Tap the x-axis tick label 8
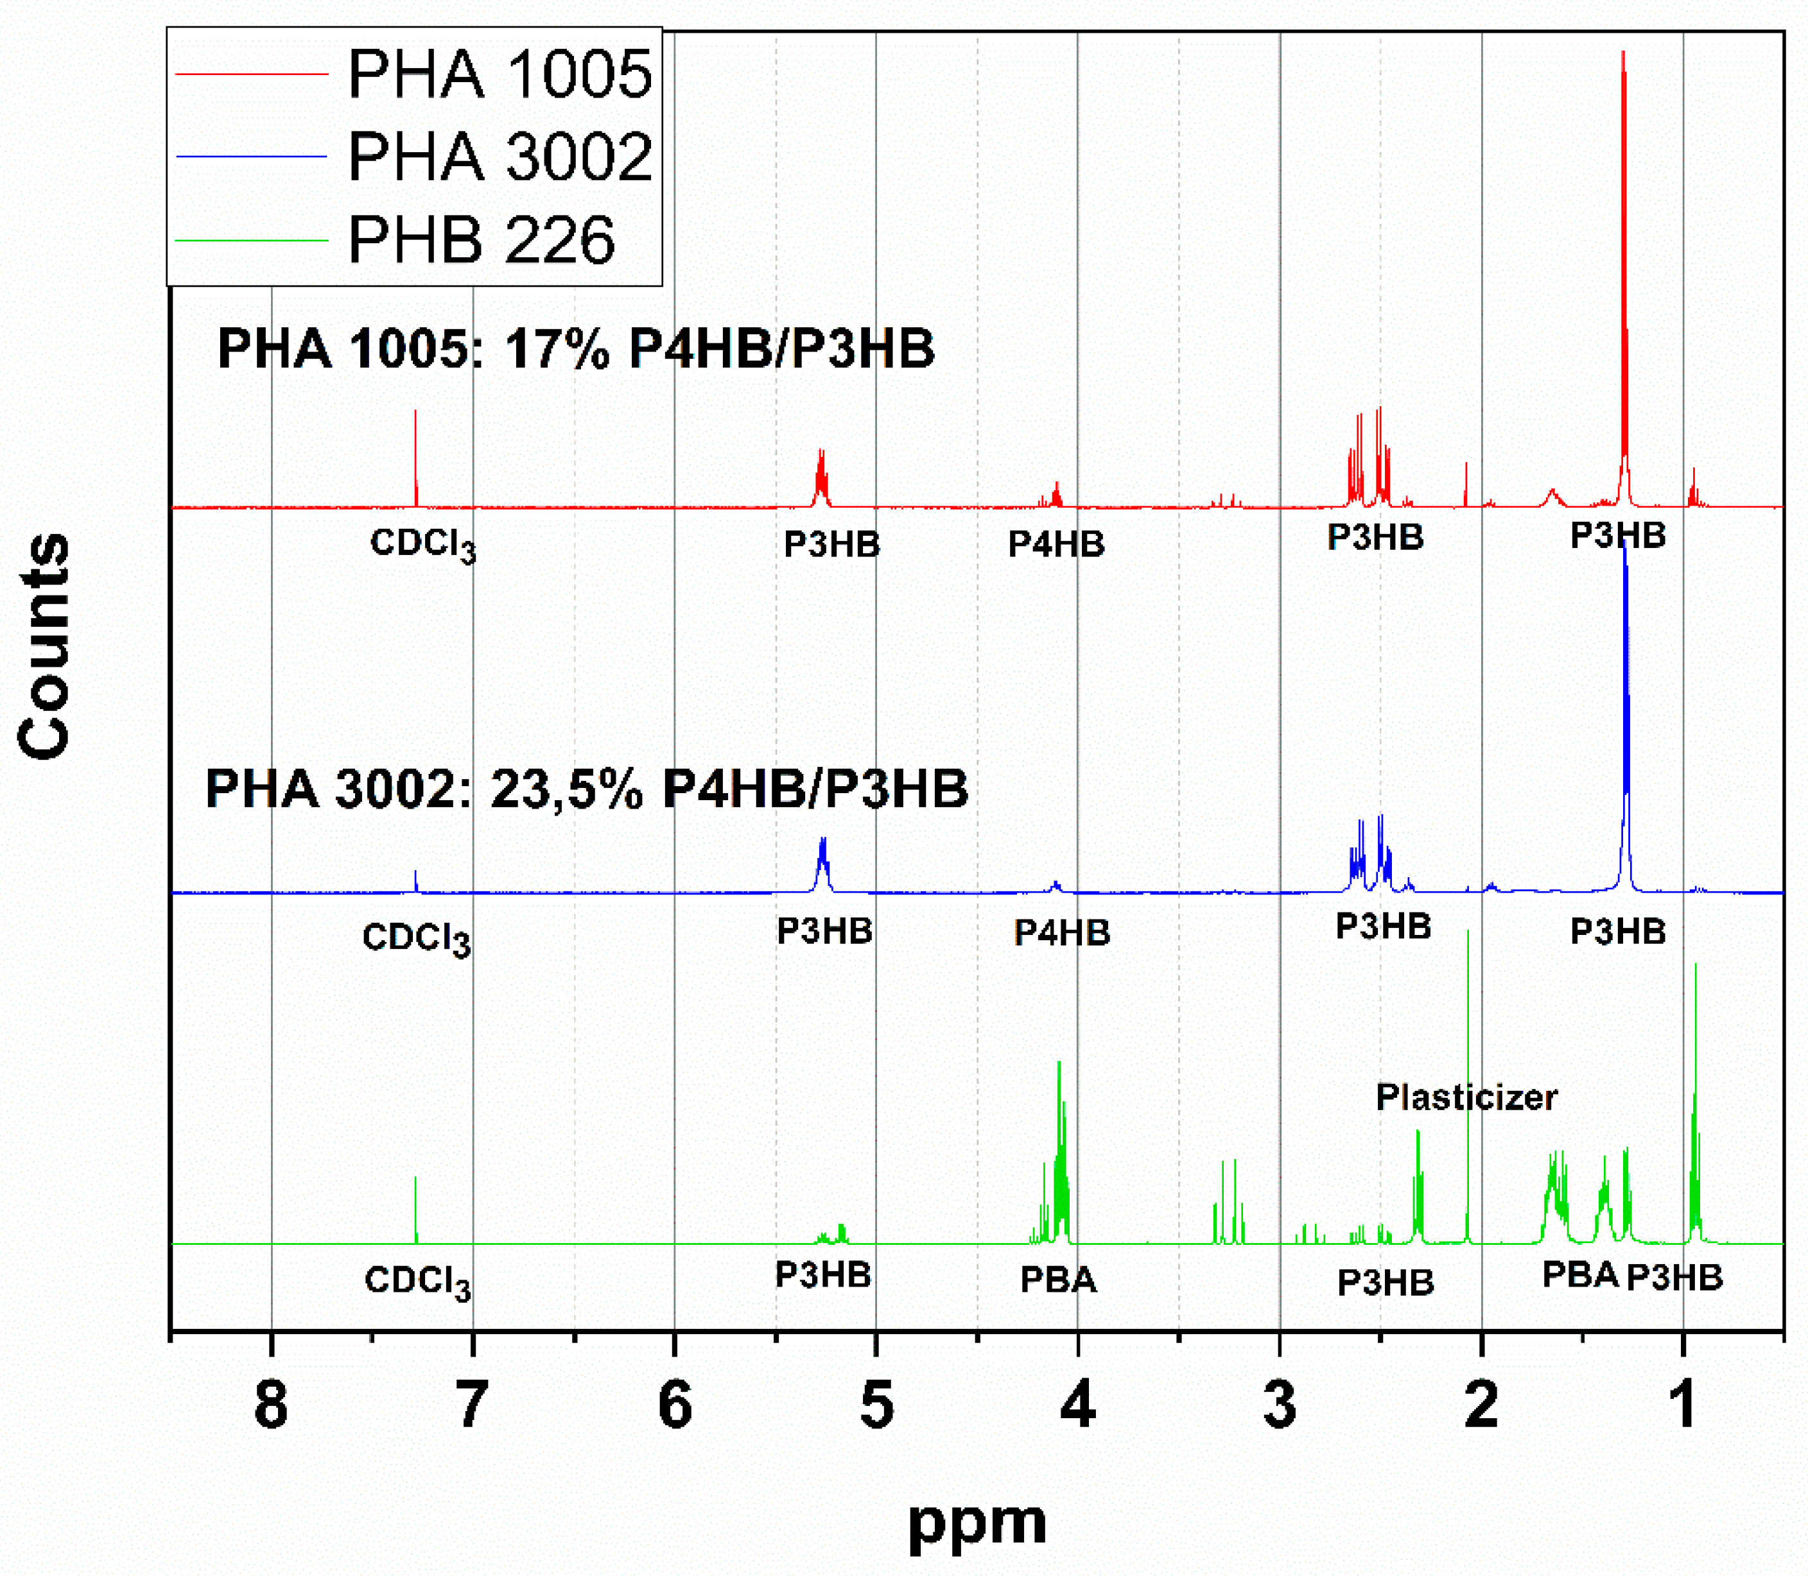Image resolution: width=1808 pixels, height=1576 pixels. pos(271,1405)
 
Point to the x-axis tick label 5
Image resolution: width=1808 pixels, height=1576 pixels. pos(876,1405)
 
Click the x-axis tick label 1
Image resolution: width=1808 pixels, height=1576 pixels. pos(1682,1405)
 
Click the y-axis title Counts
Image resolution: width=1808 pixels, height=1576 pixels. pos(44,646)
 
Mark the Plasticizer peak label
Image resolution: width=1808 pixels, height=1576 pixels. pos(1466,1097)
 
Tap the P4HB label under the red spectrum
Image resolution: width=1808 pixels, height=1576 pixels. pos(1056,544)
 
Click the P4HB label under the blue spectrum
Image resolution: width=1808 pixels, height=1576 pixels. pos(1062,932)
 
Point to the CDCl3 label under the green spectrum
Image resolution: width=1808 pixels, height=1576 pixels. pos(417,1281)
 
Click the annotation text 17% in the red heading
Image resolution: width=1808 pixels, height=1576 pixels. pos(556,348)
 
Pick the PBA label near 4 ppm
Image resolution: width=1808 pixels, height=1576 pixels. pos(1057,1280)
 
